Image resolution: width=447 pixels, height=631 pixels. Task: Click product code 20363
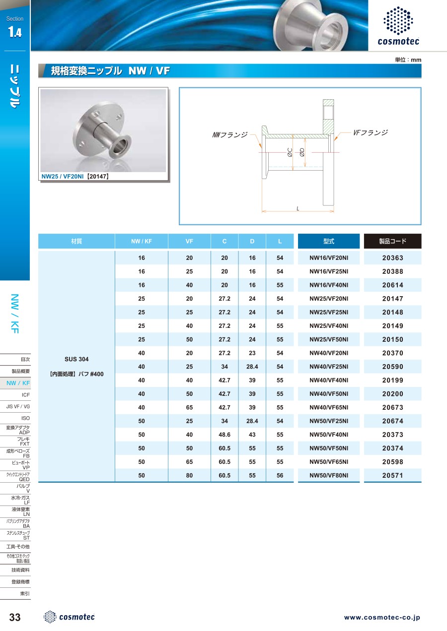[392, 258]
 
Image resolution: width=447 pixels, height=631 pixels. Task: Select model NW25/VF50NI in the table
[328, 340]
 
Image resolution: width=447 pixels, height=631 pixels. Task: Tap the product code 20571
[392, 475]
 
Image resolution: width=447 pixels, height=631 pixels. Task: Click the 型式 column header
[328, 241]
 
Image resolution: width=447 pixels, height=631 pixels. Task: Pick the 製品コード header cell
[392, 241]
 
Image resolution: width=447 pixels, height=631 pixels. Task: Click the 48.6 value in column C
[224, 435]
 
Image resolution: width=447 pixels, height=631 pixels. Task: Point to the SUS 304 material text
[76, 359]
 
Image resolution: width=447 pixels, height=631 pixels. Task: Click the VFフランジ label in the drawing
[370, 133]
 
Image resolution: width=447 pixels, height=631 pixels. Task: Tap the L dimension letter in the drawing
[298, 208]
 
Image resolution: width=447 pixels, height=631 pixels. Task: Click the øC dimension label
[290, 154]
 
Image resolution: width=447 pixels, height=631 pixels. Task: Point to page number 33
[15, 617]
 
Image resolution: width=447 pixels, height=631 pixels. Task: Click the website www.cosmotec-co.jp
[382, 618]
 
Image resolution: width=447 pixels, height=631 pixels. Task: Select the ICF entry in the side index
[26, 395]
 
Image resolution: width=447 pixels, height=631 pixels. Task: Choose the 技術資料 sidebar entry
[21, 570]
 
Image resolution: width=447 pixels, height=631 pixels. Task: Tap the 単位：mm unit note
[408, 60]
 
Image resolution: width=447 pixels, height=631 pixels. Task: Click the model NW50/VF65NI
[328, 462]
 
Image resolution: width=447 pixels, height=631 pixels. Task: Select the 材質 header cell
[76, 241]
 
